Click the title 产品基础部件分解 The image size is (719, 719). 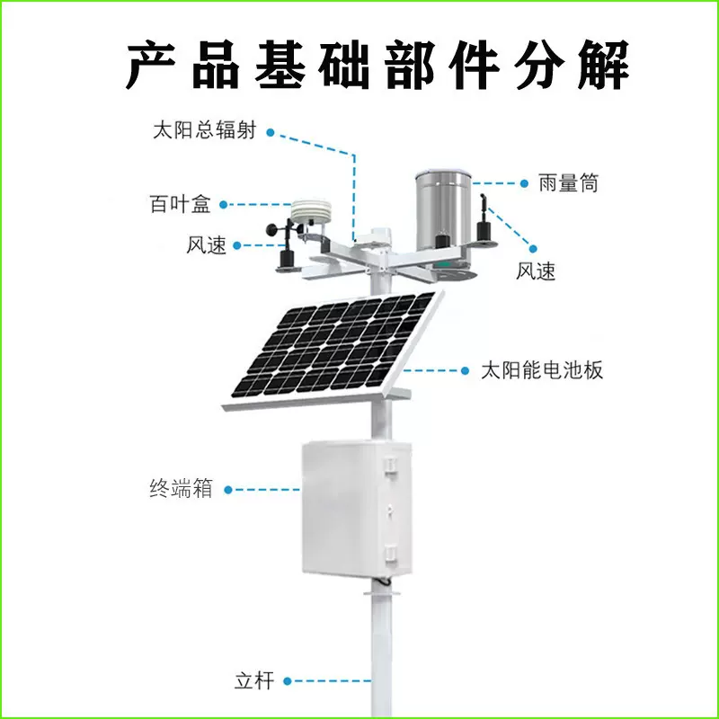(377, 64)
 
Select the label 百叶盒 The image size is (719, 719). (179, 204)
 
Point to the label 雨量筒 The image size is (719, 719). (569, 183)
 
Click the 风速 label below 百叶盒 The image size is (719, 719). (207, 244)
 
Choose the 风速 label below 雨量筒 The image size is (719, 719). (537, 271)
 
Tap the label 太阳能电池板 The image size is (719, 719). (542, 370)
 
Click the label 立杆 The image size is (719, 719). (253, 680)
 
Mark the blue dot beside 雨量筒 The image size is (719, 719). (524, 183)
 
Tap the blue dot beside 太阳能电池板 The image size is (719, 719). (465, 369)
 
